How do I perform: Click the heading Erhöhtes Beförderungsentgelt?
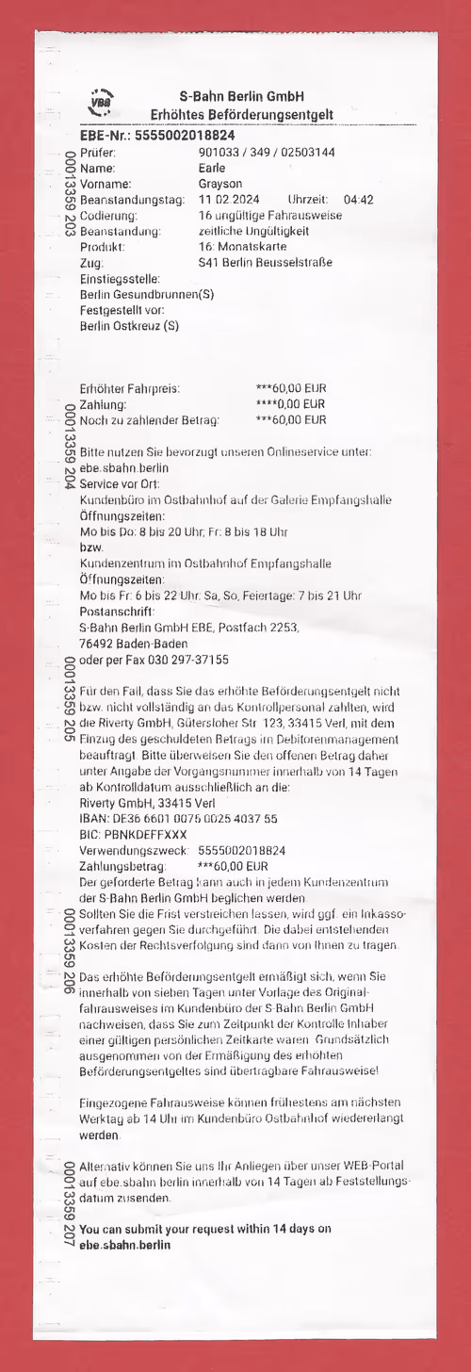pos(242,115)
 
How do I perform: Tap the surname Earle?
pos(212,168)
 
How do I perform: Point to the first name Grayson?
pos(221,184)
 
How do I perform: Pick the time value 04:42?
pos(359,200)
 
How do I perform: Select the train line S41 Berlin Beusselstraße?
pos(266,263)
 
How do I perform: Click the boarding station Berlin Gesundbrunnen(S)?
pos(147,294)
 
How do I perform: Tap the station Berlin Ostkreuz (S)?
pos(129,326)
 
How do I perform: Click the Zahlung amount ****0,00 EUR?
pos(291,404)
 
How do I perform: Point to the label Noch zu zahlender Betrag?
pos(150,420)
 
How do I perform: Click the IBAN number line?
pos(179,820)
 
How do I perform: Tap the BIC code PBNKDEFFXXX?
pos(134,835)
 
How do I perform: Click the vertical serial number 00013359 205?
pos(69,699)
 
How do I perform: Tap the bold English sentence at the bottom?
pos(205,1236)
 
